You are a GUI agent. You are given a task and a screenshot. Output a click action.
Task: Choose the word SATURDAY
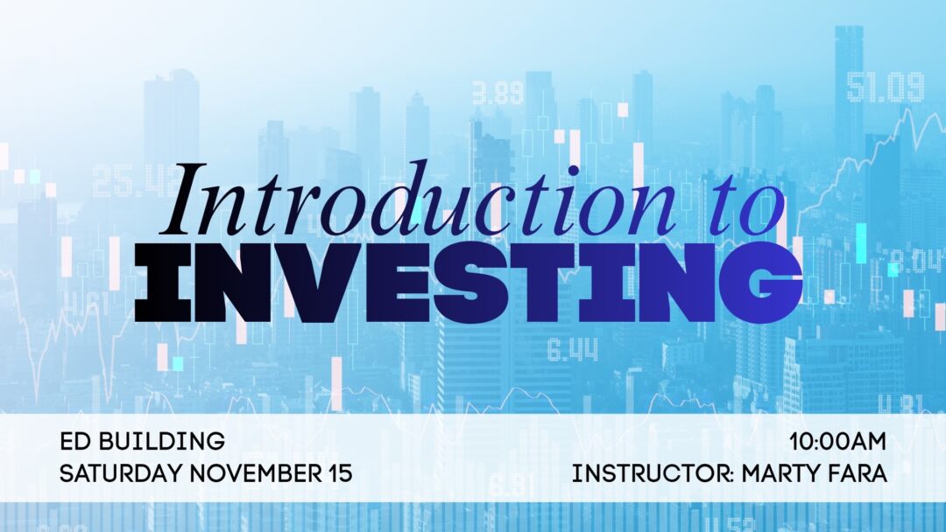coord(121,474)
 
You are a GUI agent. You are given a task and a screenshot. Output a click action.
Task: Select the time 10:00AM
coord(838,441)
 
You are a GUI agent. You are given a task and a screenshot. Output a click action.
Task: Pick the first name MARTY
coord(782,474)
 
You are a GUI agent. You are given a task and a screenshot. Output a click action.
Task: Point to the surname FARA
coord(860,474)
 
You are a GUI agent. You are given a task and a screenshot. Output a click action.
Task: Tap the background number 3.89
coord(498,92)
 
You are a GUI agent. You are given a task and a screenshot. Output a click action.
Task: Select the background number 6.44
coord(573,351)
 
